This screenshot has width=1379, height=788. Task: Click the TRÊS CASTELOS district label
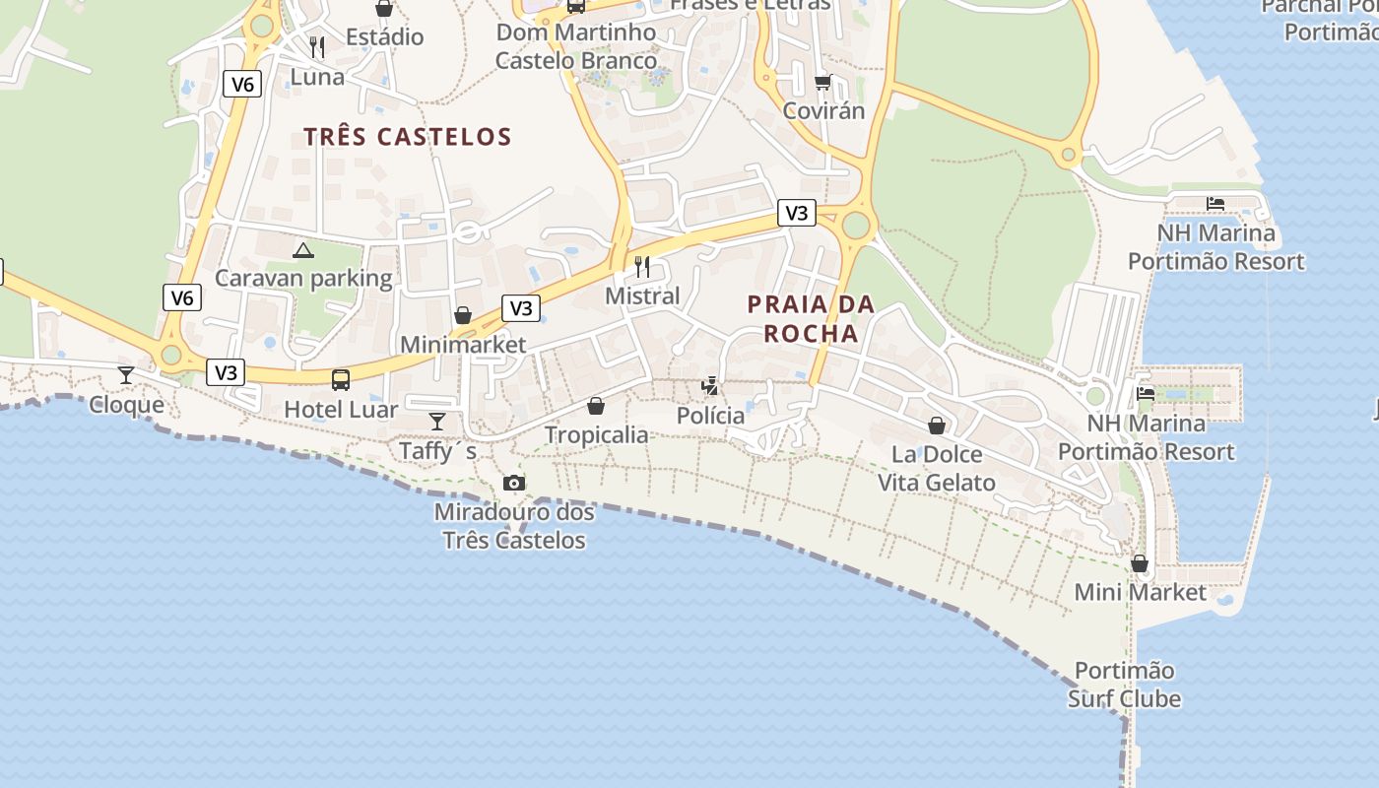(x=407, y=137)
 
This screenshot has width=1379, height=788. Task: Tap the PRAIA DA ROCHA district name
(x=811, y=318)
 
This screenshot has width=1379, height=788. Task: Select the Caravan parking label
(x=303, y=278)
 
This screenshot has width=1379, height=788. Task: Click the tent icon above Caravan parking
(x=303, y=250)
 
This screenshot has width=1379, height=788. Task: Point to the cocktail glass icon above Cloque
(x=126, y=374)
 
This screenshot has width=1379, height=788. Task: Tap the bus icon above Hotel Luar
(x=341, y=379)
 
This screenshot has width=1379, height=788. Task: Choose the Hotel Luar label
(x=341, y=409)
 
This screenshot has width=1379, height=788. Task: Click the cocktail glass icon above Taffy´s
(x=437, y=422)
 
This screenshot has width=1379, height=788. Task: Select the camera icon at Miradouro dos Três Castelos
(x=513, y=483)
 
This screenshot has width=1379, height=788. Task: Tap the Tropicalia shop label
(x=596, y=434)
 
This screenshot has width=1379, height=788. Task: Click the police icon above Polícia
(x=710, y=385)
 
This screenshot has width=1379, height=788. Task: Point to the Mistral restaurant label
(x=642, y=295)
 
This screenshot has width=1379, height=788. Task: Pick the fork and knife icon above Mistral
(x=642, y=266)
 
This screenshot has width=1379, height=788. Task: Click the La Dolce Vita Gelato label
(x=937, y=468)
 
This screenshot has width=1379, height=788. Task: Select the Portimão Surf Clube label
(x=1124, y=685)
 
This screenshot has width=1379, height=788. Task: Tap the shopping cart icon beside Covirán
(x=823, y=82)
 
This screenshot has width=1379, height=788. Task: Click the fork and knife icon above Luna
(x=317, y=46)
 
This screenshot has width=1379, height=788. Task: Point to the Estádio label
(x=384, y=37)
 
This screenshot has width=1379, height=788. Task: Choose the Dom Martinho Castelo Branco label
(x=576, y=46)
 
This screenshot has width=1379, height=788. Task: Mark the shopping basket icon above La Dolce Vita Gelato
(x=937, y=426)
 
